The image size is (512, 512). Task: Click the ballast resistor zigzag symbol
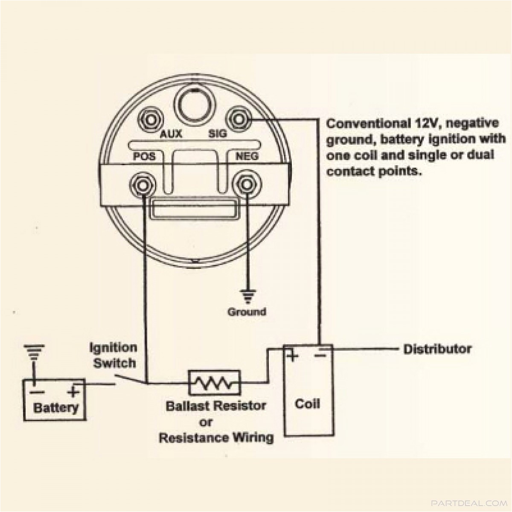coord(214,383)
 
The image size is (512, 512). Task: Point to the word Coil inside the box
coord(307,404)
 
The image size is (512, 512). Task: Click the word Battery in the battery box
coord(56,407)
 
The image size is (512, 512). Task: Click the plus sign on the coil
coord(292,355)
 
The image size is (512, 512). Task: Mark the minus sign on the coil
coord(321,355)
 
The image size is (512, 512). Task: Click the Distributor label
coord(437,349)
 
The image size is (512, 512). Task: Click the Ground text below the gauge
coord(247,312)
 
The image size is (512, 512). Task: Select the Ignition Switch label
coord(113,355)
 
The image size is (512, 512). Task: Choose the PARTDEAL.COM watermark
coord(468,503)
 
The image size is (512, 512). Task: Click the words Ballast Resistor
coord(216,405)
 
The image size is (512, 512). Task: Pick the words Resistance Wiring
coord(216,438)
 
